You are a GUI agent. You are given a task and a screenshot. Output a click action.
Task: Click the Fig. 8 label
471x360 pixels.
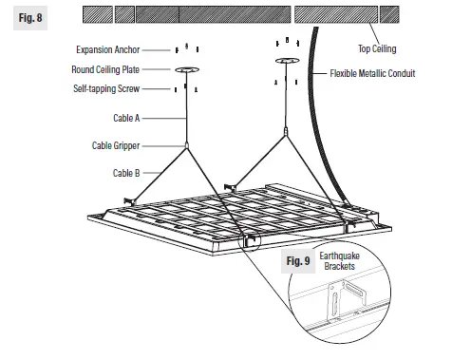(x=29, y=18)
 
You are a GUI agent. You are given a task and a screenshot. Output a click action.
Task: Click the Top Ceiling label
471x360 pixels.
(x=376, y=48)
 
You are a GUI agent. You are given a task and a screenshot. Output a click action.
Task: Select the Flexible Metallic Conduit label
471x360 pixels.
(x=372, y=73)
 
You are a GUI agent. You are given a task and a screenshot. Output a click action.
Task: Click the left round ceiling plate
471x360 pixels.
(x=186, y=68)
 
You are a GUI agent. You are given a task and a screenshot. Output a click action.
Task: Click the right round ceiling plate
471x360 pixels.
(x=286, y=64)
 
